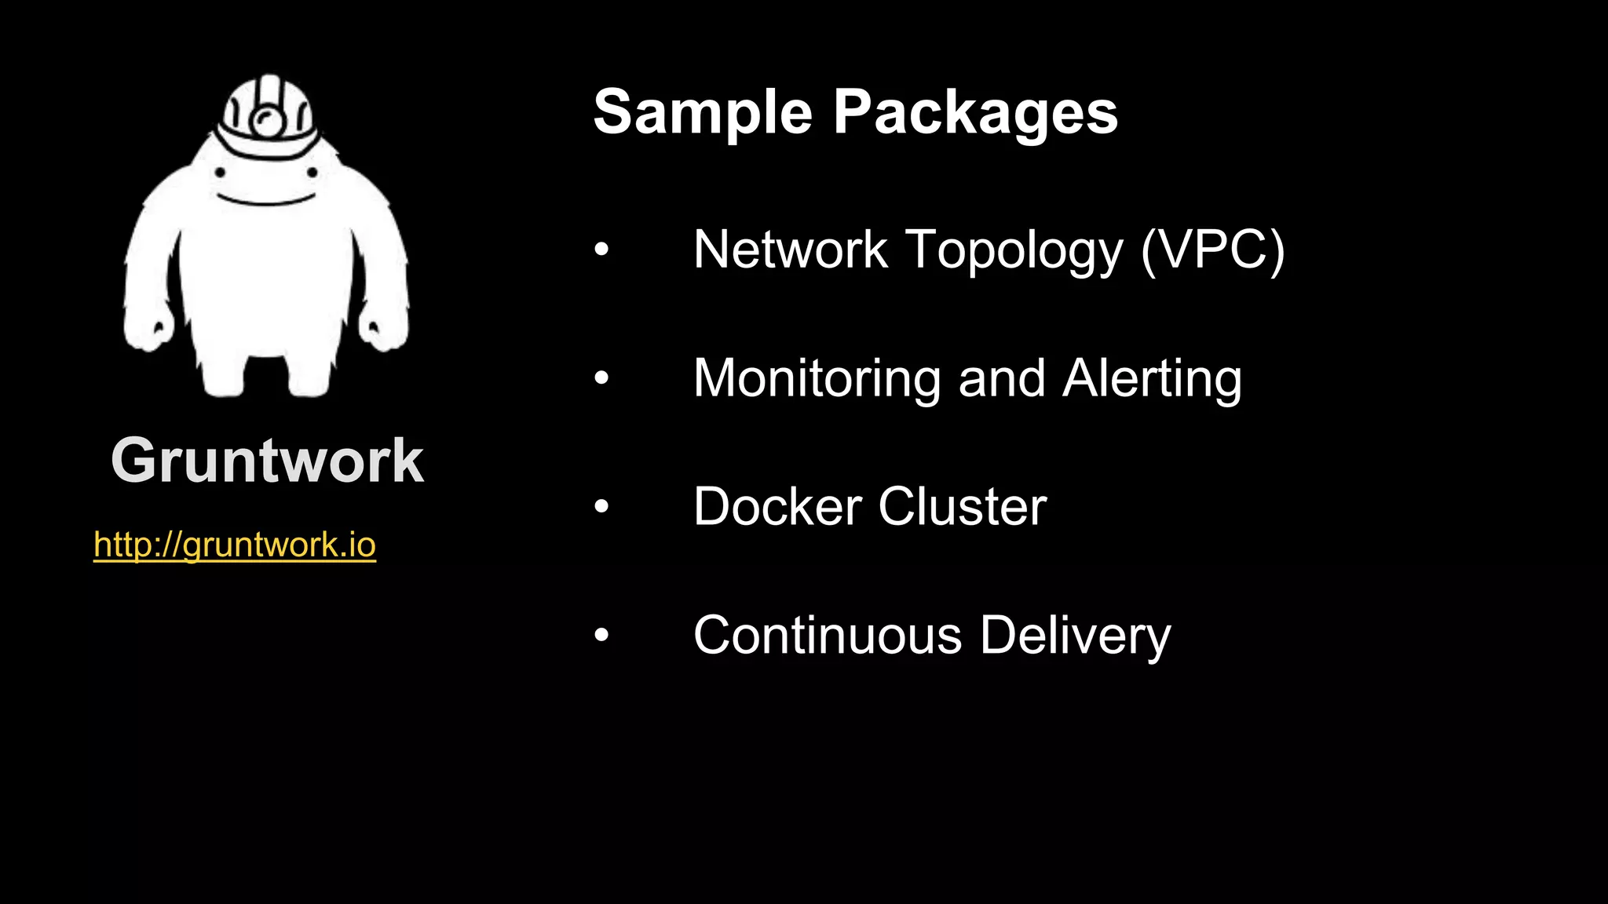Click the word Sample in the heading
702,112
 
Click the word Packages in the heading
975,112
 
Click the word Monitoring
817,378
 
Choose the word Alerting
1152,378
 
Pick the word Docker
777,506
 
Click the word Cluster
963,506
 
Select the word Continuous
828,635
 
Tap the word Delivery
1075,635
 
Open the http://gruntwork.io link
235,545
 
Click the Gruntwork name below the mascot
267,461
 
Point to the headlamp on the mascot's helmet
268,121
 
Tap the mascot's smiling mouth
266,199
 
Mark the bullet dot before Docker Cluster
601,506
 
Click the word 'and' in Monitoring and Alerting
1002,378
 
